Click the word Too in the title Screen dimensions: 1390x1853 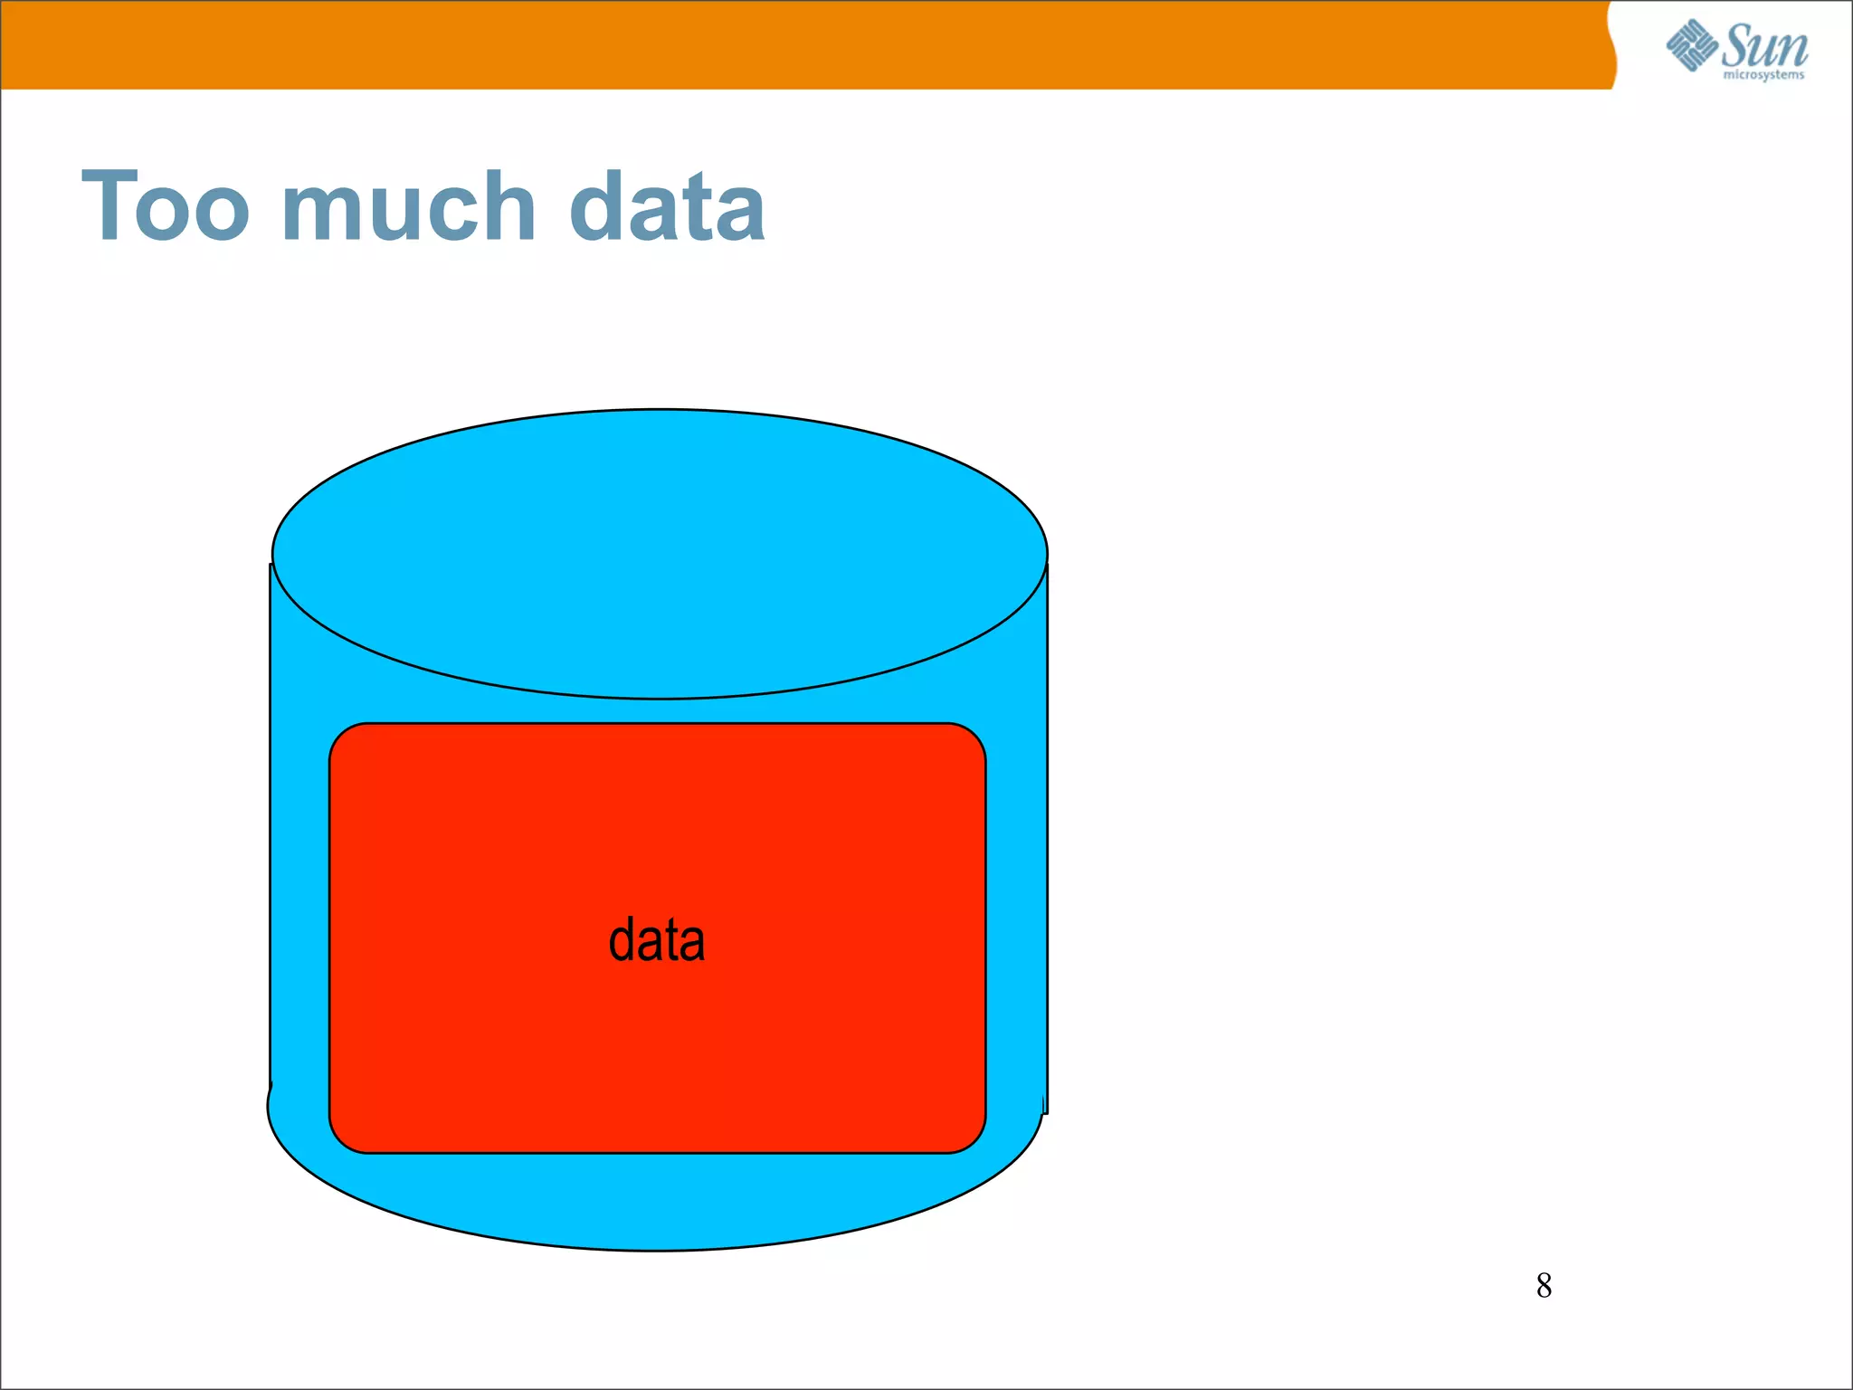pos(166,207)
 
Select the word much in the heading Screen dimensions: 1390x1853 pos(410,207)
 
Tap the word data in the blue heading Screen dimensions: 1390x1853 pos(667,207)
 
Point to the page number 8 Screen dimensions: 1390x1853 pos(1544,1285)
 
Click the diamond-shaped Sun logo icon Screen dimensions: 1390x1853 pos(1692,45)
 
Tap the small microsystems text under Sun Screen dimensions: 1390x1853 pos(1763,74)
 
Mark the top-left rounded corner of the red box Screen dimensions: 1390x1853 pos(344,738)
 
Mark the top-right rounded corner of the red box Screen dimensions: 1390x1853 pos(971,738)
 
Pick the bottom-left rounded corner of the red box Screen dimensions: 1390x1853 pos(344,1138)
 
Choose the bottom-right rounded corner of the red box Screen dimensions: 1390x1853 pos(971,1138)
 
